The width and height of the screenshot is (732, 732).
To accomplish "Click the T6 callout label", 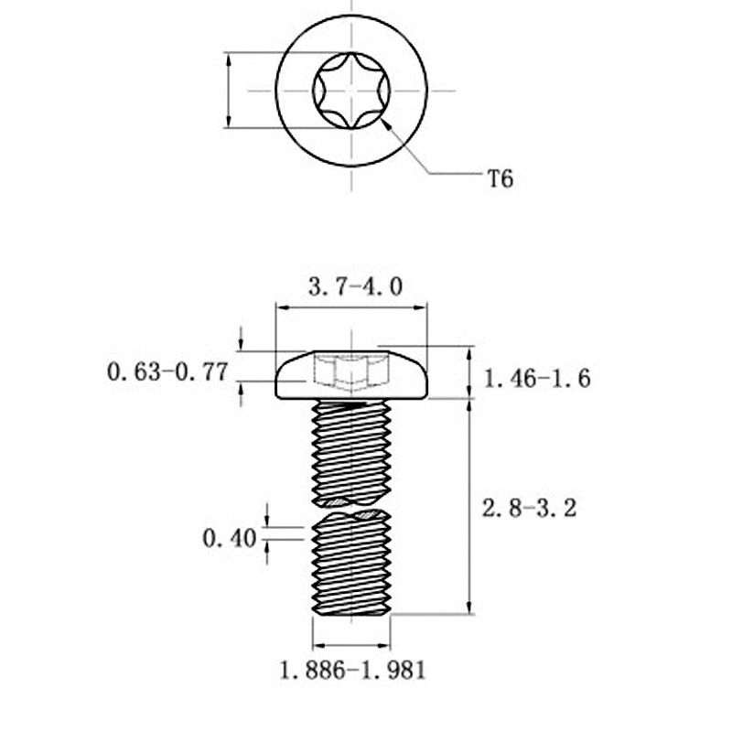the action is coord(500,178).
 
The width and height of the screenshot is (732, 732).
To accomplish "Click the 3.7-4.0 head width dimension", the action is coord(354,287).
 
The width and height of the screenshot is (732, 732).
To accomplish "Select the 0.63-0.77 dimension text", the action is coord(167,372).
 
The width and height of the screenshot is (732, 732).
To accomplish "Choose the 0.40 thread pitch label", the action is coord(229,539).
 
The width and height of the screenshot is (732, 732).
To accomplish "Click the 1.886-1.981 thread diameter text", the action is coord(353,671).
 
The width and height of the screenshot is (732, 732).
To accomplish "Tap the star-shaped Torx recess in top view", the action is coord(352,91).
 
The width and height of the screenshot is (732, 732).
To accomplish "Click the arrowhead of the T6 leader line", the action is coord(391,125).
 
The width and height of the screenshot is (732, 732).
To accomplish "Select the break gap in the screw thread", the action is coord(352,510).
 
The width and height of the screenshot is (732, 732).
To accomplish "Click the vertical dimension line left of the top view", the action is coord(228,91).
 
